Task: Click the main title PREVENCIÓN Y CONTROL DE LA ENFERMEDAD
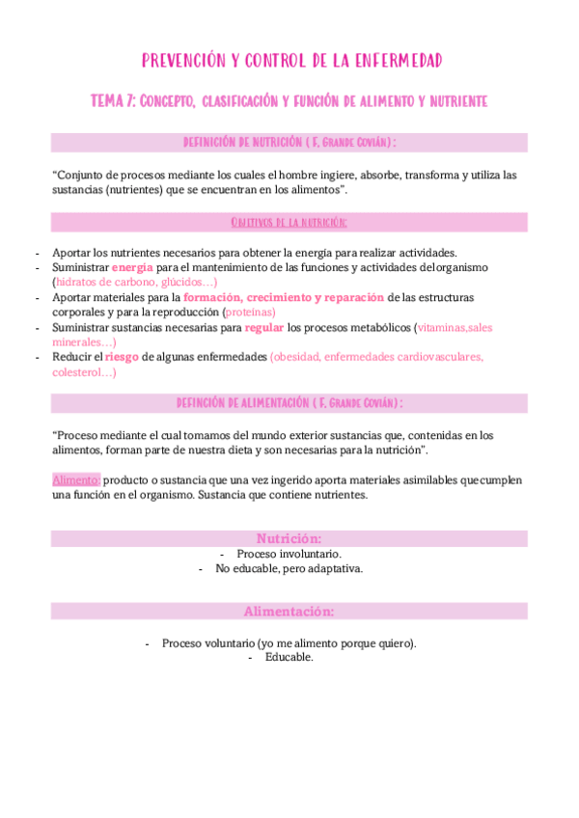pos(291,62)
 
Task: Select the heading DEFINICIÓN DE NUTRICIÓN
pos(289,142)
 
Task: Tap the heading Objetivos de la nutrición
pos(289,223)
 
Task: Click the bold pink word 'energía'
pos(132,267)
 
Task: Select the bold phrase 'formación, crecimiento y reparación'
pos(284,297)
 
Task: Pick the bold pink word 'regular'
pos(264,328)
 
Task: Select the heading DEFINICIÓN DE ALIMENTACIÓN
pos(289,402)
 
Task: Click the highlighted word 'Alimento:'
pos(75,479)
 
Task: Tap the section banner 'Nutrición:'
pos(289,538)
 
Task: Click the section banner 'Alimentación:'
pos(289,612)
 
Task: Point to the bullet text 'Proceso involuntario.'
pos(287,555)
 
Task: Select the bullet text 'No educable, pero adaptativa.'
pos(289,569)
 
